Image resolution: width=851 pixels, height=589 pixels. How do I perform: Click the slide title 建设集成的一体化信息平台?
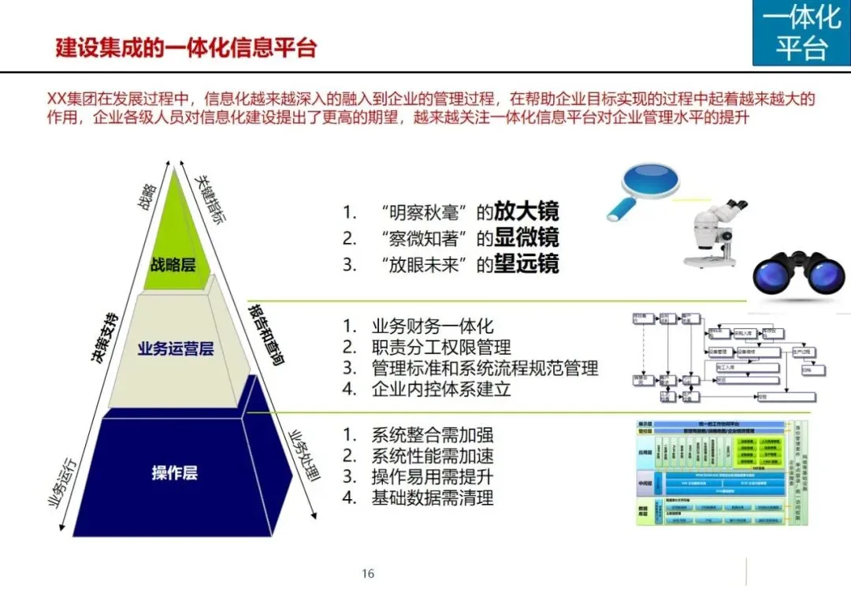point(185,47)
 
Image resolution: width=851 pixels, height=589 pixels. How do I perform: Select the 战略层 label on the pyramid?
point(173,265)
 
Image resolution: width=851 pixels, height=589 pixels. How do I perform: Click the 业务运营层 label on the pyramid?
point(175,349)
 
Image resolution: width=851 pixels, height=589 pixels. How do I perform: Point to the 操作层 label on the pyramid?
point(174,473)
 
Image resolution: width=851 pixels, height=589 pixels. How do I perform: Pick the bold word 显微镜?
point(526,237)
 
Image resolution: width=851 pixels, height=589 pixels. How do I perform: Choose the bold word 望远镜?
point(526,263)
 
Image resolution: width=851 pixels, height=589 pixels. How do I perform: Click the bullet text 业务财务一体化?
point(433,326)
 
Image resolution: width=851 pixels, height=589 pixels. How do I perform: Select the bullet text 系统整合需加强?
point(433,434)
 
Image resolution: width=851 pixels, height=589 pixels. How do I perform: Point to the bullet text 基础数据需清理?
point(433,498)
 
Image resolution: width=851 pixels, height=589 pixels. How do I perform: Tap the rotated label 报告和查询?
point(266,335)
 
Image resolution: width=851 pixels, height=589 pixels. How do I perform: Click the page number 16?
point(368,573)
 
